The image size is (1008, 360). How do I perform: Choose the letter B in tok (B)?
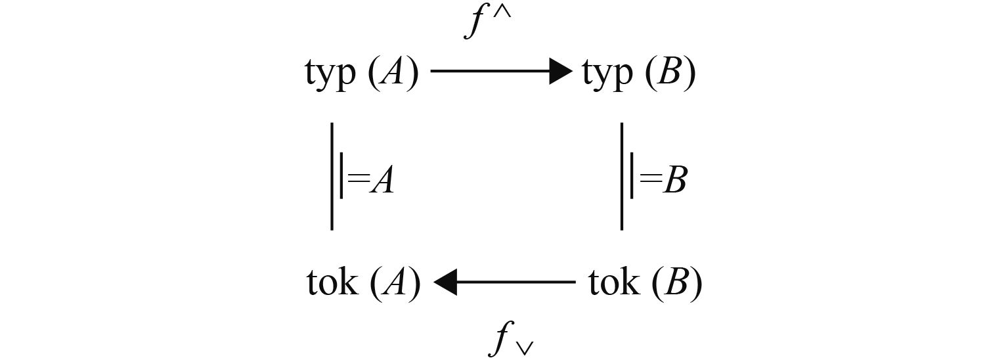coord(680,283)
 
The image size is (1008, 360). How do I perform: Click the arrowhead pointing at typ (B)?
coord(561,71)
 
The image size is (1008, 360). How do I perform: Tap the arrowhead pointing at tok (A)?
coord(445,282)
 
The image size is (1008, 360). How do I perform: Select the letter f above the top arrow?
coord(475,23)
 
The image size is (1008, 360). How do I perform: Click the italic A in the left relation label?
coord(381,181)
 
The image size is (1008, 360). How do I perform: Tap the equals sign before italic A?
coord(358,179)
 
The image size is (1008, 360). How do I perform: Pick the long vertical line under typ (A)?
coord(332,176)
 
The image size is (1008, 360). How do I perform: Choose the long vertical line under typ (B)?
coord(622,176)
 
